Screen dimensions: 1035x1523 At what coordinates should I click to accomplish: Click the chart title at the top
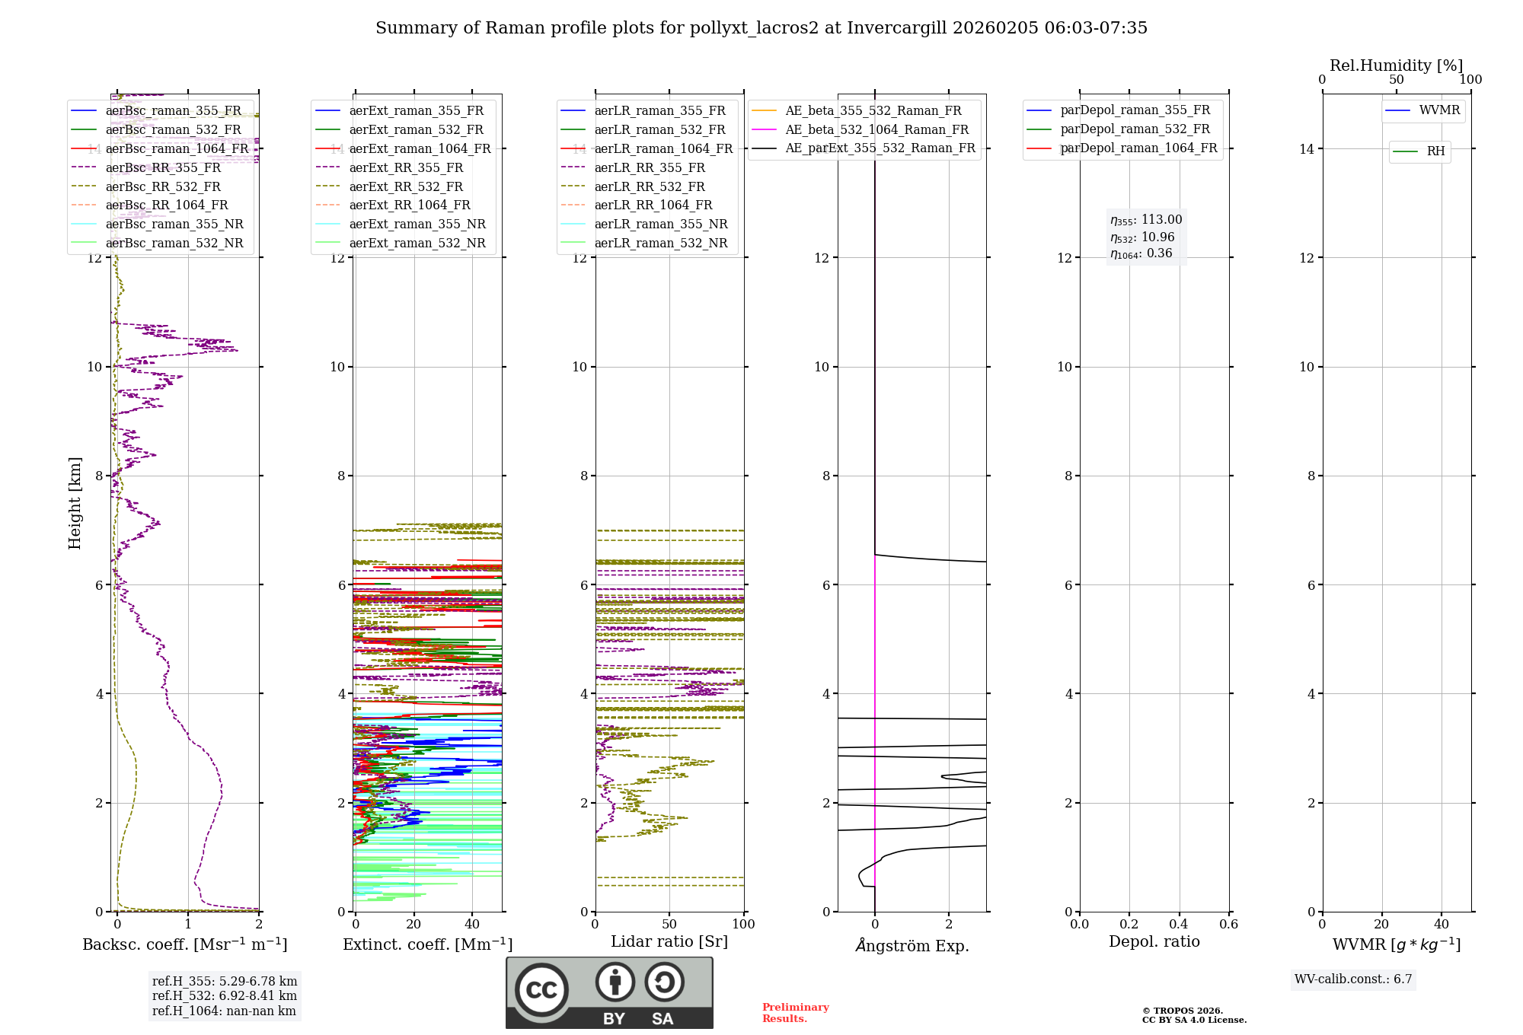tap(761, 28)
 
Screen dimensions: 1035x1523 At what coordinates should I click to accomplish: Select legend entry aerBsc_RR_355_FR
tap(163, 167)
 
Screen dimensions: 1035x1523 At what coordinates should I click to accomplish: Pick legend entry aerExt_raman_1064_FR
tap(420, 148)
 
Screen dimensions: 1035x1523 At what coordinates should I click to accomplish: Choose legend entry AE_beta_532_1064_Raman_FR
tap(876, 129)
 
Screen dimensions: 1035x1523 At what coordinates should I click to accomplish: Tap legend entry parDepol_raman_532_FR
tap(1135, 129)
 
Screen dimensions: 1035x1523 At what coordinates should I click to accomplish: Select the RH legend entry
tap(1435, 151)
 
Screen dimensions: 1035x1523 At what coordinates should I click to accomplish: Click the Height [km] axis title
tap(75, 503)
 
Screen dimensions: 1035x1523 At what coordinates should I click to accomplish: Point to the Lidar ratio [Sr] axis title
tap(669, 941)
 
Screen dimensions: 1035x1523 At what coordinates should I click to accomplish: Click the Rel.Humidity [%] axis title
tap(1396, 65)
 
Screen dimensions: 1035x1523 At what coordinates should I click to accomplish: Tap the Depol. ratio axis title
tap(1154, 941)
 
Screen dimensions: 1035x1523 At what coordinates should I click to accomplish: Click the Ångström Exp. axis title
tap(912, 945)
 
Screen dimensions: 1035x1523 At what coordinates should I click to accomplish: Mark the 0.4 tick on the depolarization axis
tap(1179, 924)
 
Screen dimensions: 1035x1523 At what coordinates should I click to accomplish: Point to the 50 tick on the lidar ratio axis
tap(669, 924)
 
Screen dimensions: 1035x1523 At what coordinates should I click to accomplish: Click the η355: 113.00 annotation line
tap(1146, 220)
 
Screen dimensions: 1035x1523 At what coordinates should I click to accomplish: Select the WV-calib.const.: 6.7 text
tap(1353, 979)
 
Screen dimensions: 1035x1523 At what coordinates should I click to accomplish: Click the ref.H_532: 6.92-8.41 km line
tap(225, 995)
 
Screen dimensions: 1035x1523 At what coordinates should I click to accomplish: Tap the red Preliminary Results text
tap(795, 1013)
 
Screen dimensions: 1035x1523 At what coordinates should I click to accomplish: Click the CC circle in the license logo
tap(541, 990)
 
